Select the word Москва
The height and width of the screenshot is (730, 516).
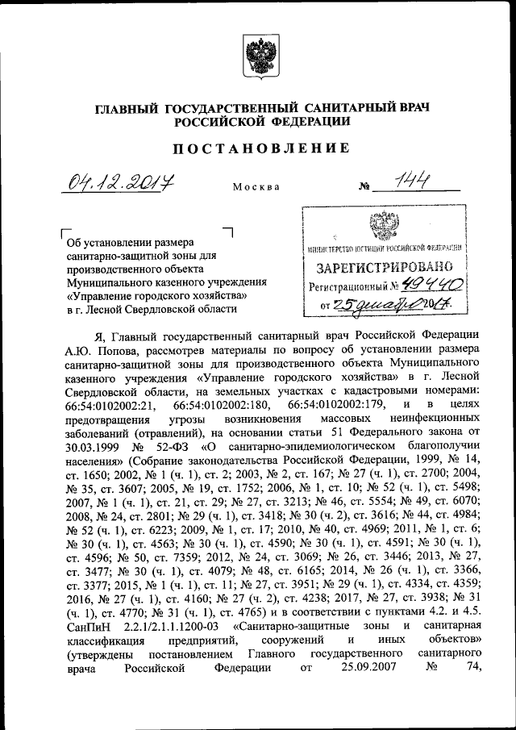[x=256, y=187]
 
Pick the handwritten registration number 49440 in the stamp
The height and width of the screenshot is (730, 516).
[x=432, y=285]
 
